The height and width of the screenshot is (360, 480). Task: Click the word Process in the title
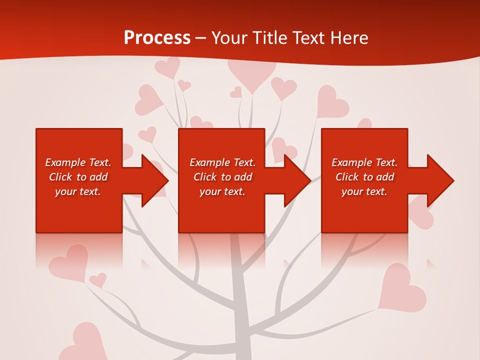(157, 38)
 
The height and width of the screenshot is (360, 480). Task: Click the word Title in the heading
(270, 38)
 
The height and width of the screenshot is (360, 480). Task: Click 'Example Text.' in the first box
(78, 162)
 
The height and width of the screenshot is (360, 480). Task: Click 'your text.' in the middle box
(222, 191)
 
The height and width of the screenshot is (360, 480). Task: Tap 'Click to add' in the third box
(364, 177)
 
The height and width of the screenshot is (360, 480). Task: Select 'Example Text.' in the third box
(364, 162)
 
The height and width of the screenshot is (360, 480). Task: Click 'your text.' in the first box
(78, 191)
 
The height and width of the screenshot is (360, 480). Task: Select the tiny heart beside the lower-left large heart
(98, 280)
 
